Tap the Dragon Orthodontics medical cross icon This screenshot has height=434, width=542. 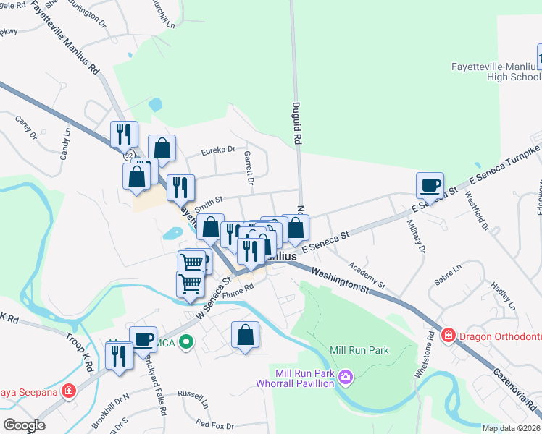[448, 335]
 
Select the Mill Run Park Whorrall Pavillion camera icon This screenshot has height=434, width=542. [346, 377]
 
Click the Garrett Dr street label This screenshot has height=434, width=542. [248, 168]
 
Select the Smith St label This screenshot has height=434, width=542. [207, 206]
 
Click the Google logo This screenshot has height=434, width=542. [24, 425]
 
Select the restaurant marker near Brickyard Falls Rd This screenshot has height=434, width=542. [117, 356]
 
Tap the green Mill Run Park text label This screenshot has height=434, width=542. [359, 350]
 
